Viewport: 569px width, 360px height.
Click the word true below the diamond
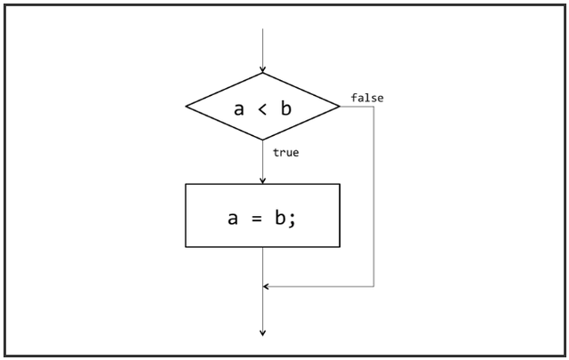285,153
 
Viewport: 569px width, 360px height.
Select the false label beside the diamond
367,98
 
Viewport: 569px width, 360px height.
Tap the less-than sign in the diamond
263,108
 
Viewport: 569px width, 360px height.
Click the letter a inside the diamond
238,108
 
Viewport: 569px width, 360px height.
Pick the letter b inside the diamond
286,108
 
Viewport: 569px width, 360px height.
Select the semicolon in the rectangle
292,218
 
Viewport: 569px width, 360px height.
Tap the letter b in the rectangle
278,215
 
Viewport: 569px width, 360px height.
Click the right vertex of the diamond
340,107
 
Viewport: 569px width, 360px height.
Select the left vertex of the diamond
186,107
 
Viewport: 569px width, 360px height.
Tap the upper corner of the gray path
373,107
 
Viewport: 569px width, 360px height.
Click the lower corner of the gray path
373,286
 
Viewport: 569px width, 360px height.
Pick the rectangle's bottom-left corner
186,246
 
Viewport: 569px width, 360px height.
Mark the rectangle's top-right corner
340,184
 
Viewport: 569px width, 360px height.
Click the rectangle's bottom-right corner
340,246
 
